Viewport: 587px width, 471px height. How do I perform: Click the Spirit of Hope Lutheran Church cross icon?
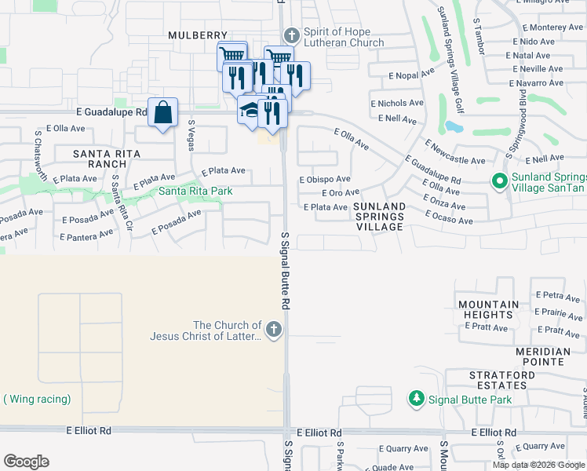pos(292,36)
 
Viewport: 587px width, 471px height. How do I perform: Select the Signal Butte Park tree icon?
pos(417,400)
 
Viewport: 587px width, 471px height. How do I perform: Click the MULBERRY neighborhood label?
pos(197,35)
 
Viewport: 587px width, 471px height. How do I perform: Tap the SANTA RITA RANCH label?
pos(100,159)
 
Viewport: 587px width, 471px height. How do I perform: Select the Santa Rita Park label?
pos(195,191)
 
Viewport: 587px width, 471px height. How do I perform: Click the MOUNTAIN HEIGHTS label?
pos(489,309)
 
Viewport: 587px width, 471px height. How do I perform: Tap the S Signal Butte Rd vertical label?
pos(286,268)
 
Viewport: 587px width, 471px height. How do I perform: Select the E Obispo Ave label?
pos(324,180)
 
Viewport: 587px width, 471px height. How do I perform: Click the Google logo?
pos(26,462)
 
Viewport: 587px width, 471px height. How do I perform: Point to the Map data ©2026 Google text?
pos(538,465)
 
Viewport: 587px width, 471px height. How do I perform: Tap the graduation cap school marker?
pos(250,110)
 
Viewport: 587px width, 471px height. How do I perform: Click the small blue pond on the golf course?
pos(453,126)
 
